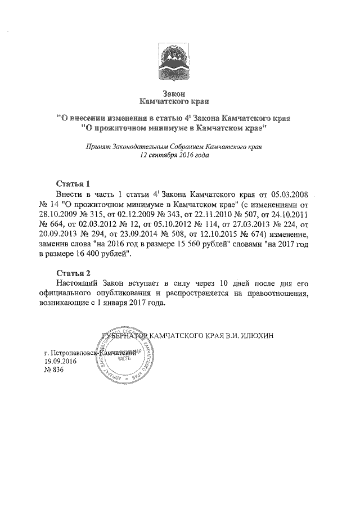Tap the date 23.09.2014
click(x=157, y=235)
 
